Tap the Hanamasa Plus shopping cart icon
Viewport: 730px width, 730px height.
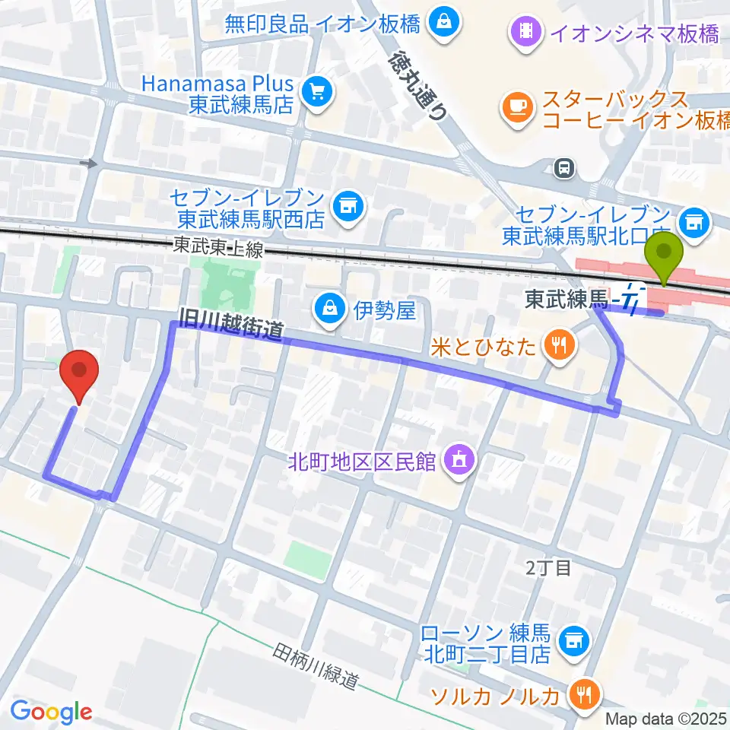314,92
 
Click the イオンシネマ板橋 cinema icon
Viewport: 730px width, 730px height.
525,31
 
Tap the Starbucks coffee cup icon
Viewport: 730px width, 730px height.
520,107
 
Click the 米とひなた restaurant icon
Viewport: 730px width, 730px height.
559,346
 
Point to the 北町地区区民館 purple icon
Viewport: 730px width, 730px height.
459,459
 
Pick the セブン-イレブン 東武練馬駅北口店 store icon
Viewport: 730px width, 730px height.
693,221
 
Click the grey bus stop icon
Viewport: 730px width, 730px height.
564,166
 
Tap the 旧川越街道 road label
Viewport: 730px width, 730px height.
232,322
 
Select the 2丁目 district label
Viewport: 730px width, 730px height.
548,567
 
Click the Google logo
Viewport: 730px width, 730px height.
51,712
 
